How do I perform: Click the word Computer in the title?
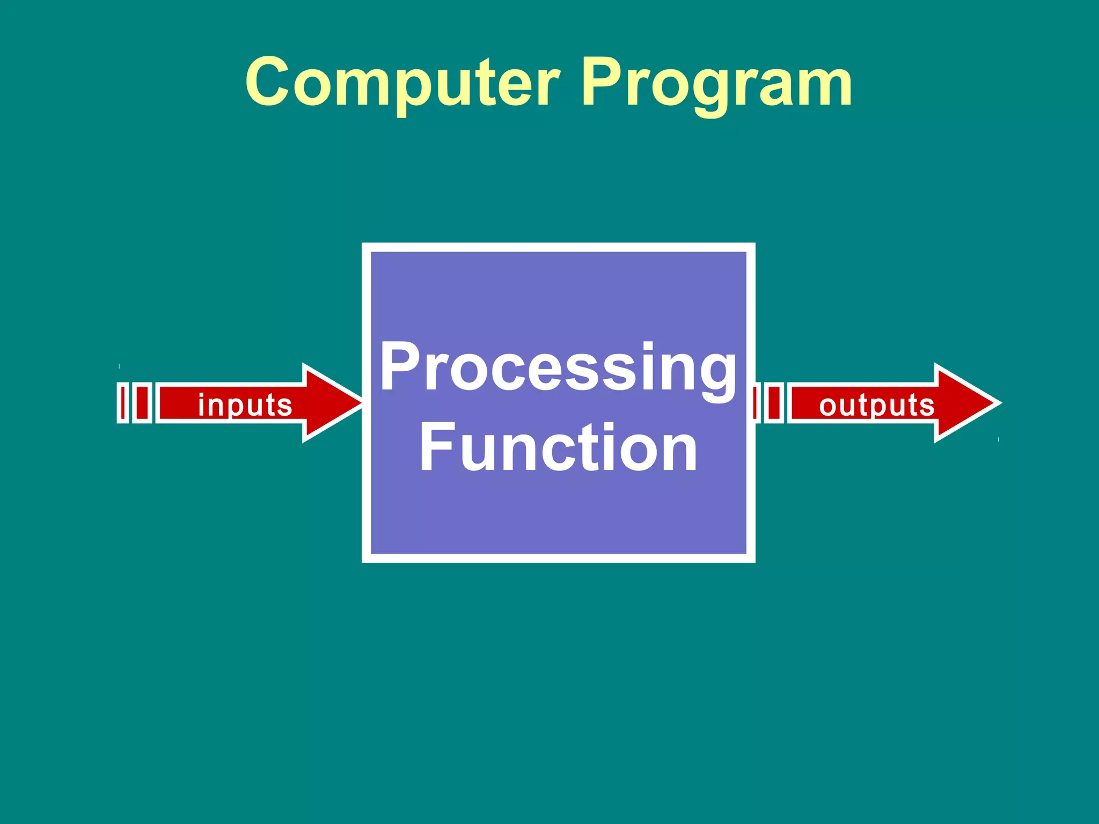tap(402, 83)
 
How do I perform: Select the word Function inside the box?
tap(558, 448)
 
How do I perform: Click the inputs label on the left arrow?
tap(245, 405)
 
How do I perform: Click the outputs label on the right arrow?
tap(877, 405)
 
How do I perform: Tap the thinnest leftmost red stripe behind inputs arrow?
tap(123, 403)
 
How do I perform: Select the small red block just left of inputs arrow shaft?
tap(142, 403)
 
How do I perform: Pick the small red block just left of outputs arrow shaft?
tap(774, 403)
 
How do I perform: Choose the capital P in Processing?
tap(400, 366)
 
